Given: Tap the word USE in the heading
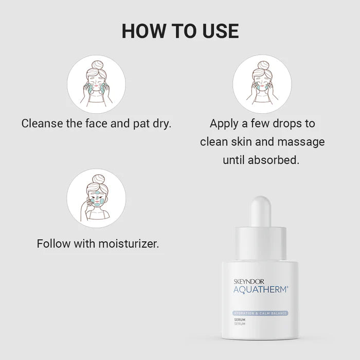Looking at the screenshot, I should click(x=218, y=31).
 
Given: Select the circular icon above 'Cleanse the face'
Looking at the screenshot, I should click(x=96, y=84).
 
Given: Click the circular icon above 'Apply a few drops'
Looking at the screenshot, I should click(x=262, y=84).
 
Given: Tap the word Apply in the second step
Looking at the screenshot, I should click(x=224, y=124).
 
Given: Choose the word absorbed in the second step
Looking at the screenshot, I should click(x=273, y=159).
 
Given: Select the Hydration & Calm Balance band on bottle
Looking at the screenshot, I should click(x=260, y=313).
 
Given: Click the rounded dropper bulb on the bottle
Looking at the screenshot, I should click(x=260, y=210).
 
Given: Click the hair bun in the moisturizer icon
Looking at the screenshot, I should click(x=96, y=178).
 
